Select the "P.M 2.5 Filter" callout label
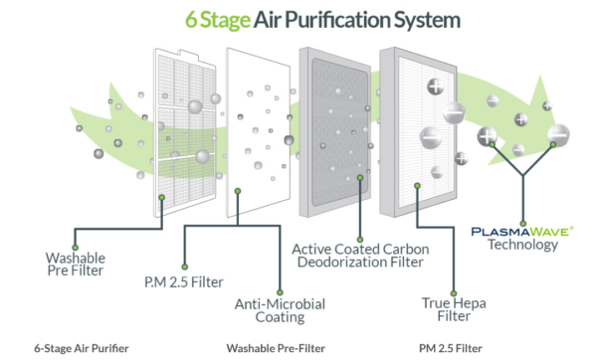click(x=177, y=281)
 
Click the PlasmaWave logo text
click(x=523, y=231)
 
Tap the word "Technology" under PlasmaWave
click(x=523, y=246)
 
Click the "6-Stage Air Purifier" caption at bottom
click(x=82, y=348)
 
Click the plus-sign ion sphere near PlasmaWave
click(x=489, y=137)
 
